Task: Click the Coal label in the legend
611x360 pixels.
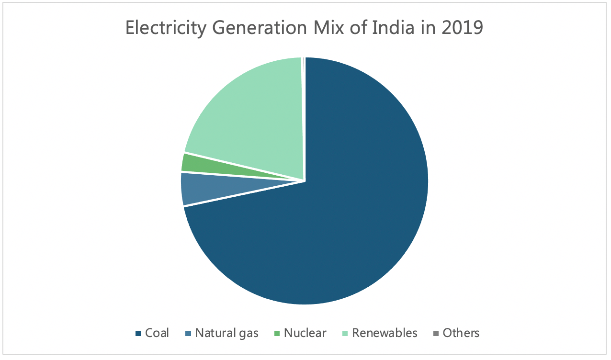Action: click(157, 333)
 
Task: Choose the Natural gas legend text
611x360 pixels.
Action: click(226, 333)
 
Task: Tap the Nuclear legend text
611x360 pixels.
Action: click(305, 333)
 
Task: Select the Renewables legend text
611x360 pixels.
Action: click(385, 333)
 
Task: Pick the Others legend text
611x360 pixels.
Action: click(461, 333)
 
